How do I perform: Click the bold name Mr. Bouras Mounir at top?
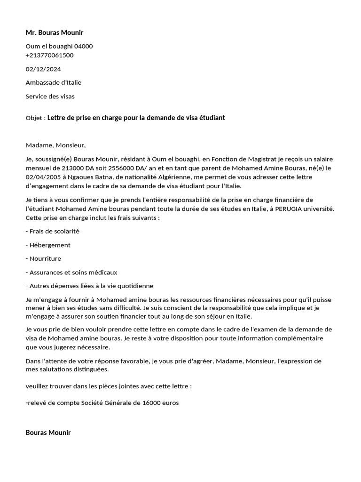click(54, 32)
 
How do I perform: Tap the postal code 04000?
click(84, 46)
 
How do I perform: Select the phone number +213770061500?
click(49, 55)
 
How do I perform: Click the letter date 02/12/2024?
click(43, 69)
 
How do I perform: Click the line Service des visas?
click(50, 96)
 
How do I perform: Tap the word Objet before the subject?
click(34, 118)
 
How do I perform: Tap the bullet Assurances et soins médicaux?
click(71, 272)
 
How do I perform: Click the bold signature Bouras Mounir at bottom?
click(48, 432)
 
